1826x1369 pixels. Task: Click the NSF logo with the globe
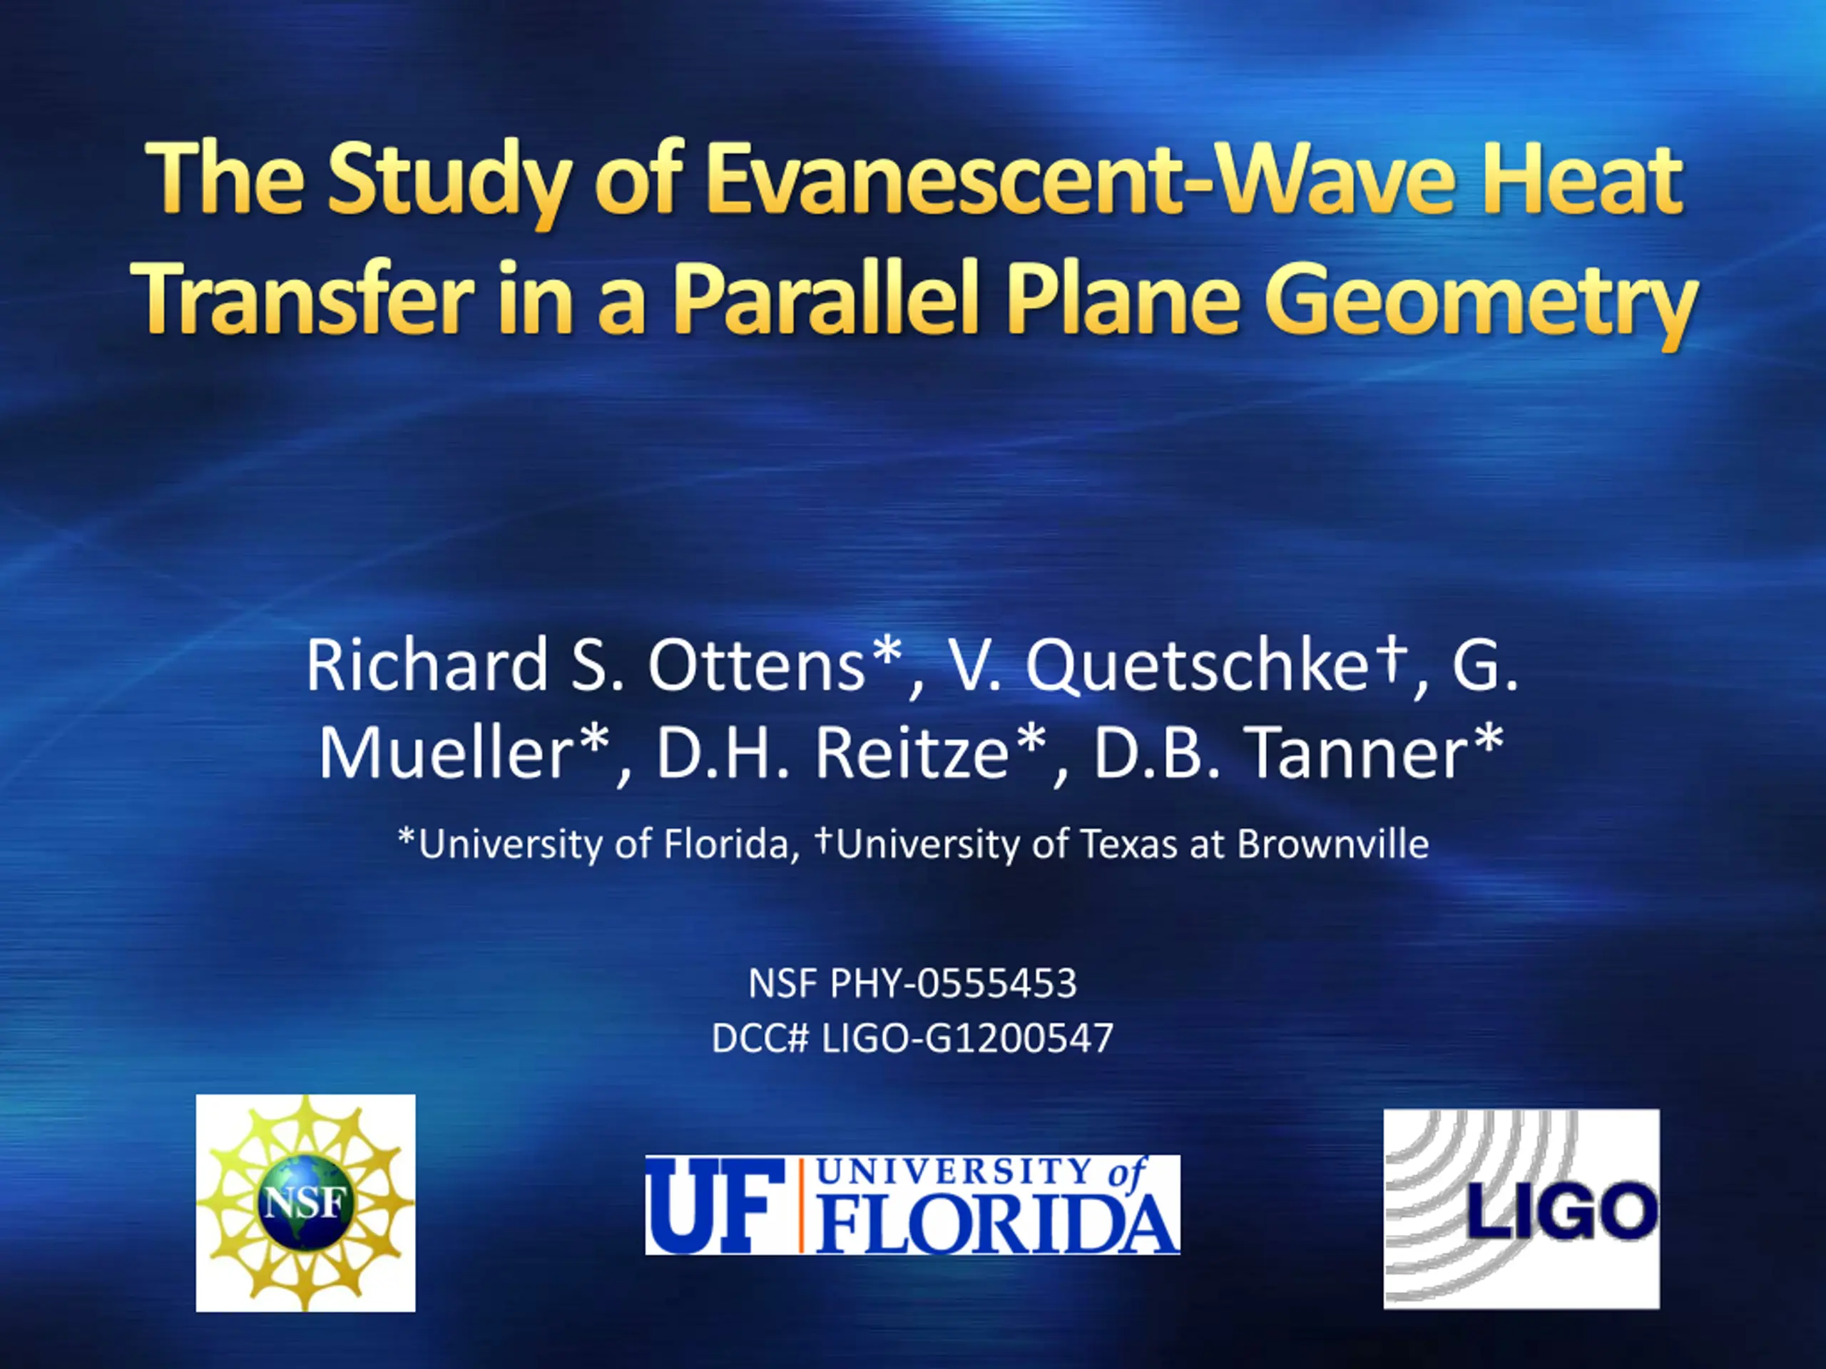pyautogui.click(x=305, y=1202)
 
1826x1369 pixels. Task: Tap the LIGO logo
pyautogui.click(x=1521, y=1208)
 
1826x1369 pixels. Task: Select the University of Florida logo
pyautogui.click(x=912, y=1205)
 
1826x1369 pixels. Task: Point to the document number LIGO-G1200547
pyautogui.click(x=967, y=1038)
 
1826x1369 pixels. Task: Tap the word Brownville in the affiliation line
pyautogui.click(x=1332, y=844)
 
